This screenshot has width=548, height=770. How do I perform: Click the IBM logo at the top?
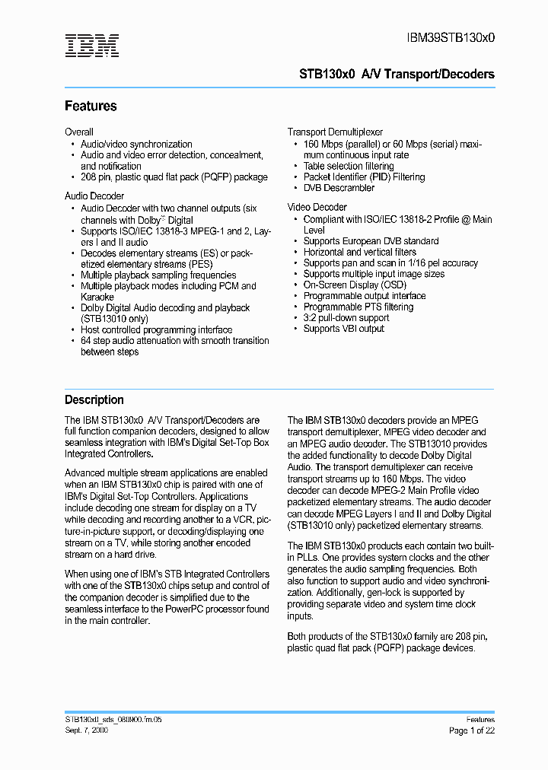point(91,46)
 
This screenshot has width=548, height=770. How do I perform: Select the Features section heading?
point(91,107)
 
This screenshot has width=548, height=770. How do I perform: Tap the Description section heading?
point(94,400)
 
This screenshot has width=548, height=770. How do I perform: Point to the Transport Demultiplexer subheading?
point(335,132)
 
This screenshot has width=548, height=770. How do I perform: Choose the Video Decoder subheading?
point(317,207)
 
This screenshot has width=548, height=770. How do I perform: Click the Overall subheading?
point(79,132)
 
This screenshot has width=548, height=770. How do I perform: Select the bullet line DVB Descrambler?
point(339,188)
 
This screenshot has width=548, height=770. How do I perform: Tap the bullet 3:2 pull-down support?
point(346,317)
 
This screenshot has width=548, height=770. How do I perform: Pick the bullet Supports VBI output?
point(343,329)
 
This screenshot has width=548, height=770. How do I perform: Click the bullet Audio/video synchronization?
point(136,144)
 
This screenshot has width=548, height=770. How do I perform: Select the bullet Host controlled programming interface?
point(156,329)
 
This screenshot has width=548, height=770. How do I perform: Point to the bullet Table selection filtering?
point(349,166)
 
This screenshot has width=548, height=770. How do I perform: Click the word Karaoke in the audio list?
point(97,297)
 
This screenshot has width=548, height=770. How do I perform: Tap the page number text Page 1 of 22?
point(471,730)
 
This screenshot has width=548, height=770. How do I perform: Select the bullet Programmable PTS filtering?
point(358,307)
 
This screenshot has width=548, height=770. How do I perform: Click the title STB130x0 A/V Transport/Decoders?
point(397,74)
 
